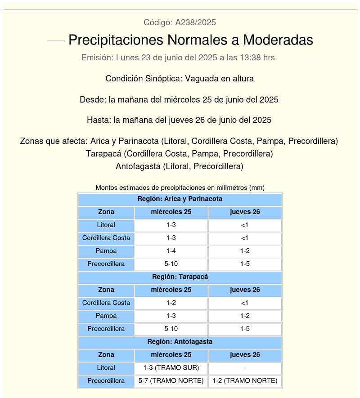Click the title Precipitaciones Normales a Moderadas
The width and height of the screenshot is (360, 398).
tap(190, 40)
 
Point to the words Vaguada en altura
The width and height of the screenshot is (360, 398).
tap(220, 79)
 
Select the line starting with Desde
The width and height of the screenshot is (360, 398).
tap(179, 100)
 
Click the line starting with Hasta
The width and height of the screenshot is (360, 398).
tap(179, 121)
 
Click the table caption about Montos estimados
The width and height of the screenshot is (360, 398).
tap(180, 188)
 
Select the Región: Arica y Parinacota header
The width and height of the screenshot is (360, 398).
tap(180, 199)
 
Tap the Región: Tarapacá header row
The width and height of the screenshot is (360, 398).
tap(180, 277)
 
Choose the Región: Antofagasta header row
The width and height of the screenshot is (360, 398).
tap(180, 342)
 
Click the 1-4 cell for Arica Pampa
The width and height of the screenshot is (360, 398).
tap(171, 251)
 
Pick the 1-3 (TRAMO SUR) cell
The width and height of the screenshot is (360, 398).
tap(171, 368)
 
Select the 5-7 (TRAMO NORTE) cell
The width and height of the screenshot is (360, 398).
tap(171, 381)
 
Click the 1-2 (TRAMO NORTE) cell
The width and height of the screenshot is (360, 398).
tap(245, 381)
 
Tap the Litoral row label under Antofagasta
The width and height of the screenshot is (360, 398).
tap(106, 368)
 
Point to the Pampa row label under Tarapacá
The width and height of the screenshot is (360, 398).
tap(106, 316)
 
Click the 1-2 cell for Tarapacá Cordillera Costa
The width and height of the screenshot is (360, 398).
tap(171, 303)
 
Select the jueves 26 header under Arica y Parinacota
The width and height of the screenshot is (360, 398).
tap(245, 212)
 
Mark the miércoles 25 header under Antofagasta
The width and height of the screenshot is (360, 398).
tap(171, 355)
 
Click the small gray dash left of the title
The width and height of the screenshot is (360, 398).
tap(56, 41)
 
